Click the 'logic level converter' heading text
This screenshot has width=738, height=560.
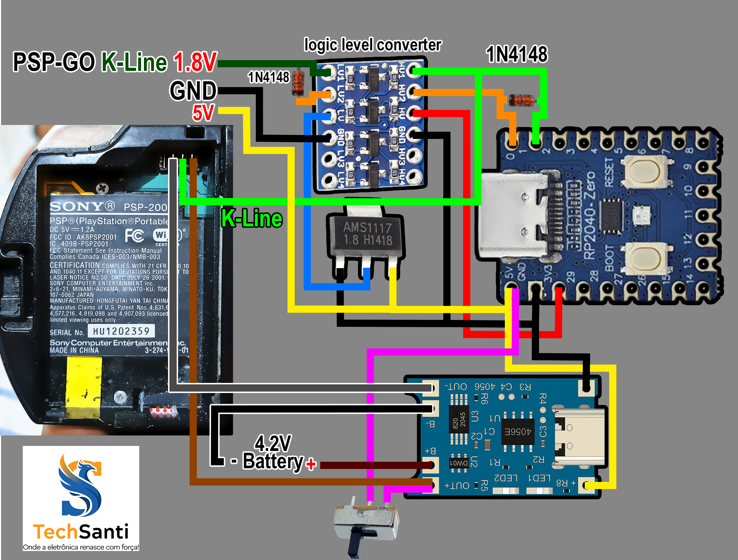click(372, 45)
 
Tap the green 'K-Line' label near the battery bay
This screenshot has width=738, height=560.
click(252, 218)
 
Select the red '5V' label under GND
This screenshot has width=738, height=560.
click(203, 113)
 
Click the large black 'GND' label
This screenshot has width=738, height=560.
click(193, 91)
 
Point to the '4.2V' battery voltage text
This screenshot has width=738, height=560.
click(273, 443)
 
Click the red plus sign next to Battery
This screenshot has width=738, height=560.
click(311, 464)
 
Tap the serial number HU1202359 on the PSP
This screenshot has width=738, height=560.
click(121, 331)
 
